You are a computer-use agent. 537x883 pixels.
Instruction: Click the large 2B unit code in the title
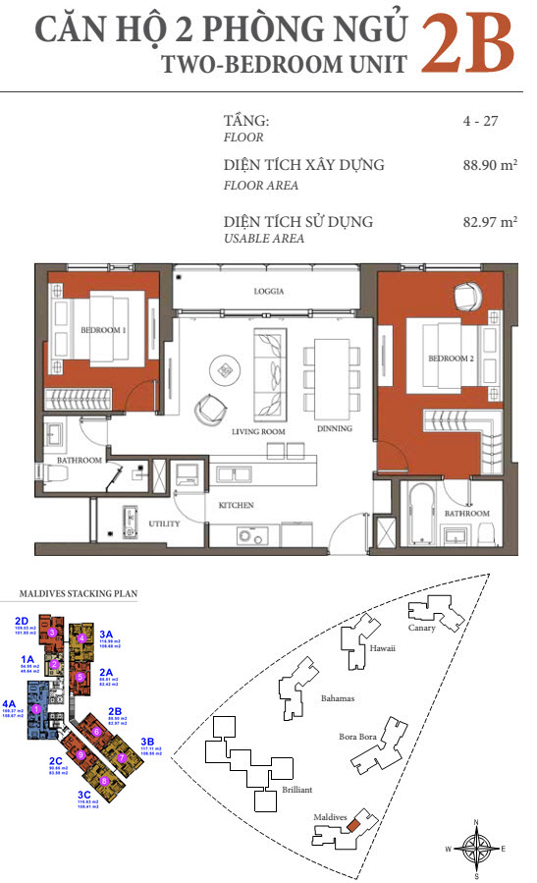468,44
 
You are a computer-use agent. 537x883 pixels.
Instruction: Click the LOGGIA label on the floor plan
269,292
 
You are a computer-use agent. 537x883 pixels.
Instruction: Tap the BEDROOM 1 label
103,331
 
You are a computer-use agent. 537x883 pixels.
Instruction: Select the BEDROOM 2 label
451,359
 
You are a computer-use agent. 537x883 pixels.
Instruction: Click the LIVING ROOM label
258,431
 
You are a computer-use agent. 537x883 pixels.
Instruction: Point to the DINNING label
334,429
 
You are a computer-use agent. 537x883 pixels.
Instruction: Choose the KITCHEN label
236,505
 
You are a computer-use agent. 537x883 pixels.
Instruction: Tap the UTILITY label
164,524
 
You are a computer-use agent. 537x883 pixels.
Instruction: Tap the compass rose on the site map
475,848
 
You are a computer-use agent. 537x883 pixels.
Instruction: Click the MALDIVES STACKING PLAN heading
80,594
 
